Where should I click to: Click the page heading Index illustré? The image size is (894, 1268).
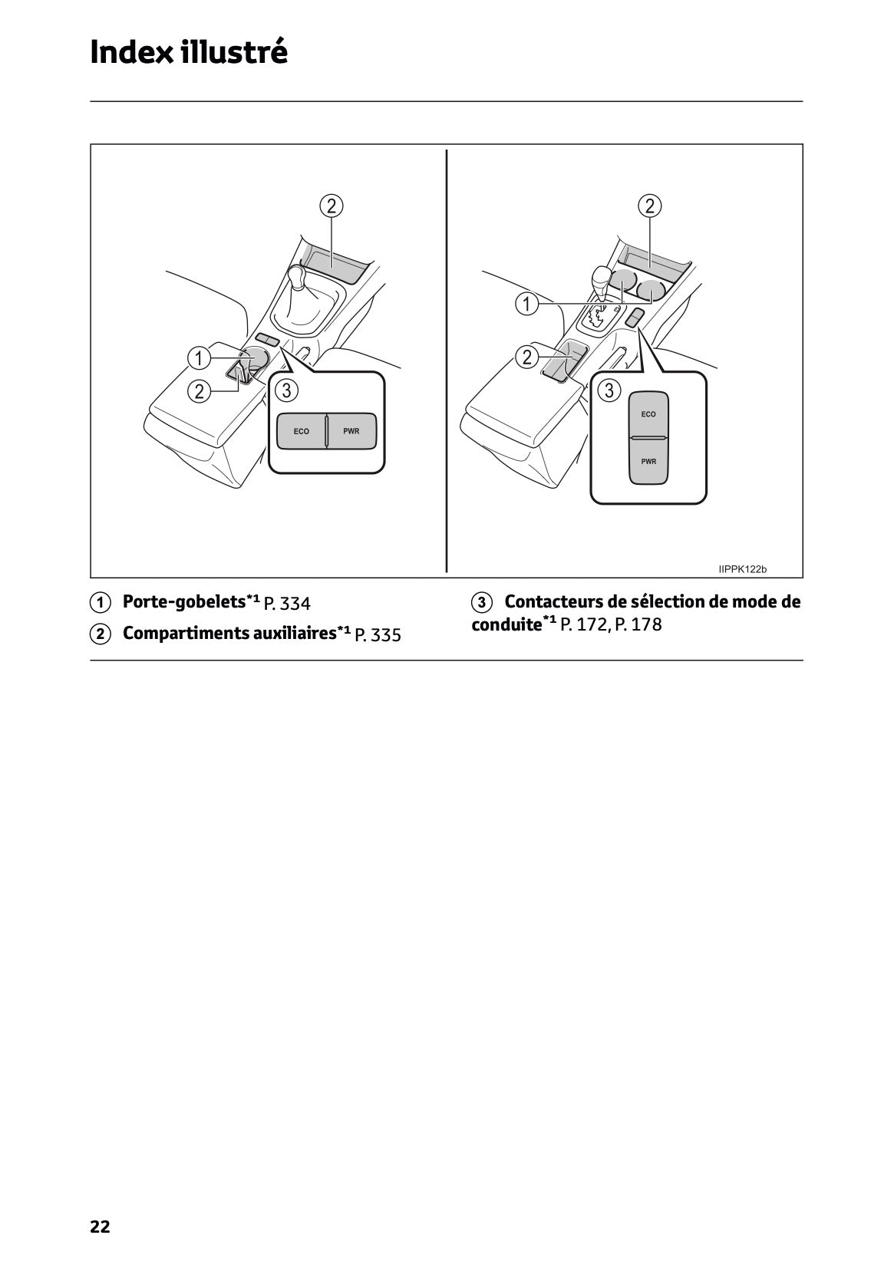click(x=189, y=52)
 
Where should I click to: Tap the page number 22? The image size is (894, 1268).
click(x=100, y=1227)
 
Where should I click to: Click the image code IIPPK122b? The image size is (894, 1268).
click(x=742, y=569)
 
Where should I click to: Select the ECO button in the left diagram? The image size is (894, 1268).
click(x=302, y=431)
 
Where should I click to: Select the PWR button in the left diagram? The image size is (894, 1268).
click(x=351, y=431)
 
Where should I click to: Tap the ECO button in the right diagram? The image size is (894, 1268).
click(x=648, y=414)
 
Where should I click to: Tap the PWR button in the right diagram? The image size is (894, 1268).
click(x=648, y=462)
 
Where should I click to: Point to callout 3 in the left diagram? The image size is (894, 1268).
click(x=286, y=390)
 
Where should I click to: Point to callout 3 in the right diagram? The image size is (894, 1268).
click(x=609, y=390)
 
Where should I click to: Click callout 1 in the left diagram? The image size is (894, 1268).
click(x=199, y=358)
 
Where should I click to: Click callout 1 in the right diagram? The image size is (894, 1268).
click(x=526, y=305)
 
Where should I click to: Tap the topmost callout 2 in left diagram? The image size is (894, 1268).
click(x=332, y=206)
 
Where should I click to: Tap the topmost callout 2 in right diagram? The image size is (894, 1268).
click(x=650, y=206)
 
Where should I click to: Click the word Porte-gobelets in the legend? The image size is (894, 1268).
click(x=184, y=602)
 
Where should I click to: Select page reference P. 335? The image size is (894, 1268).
click(x=378, y=635)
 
